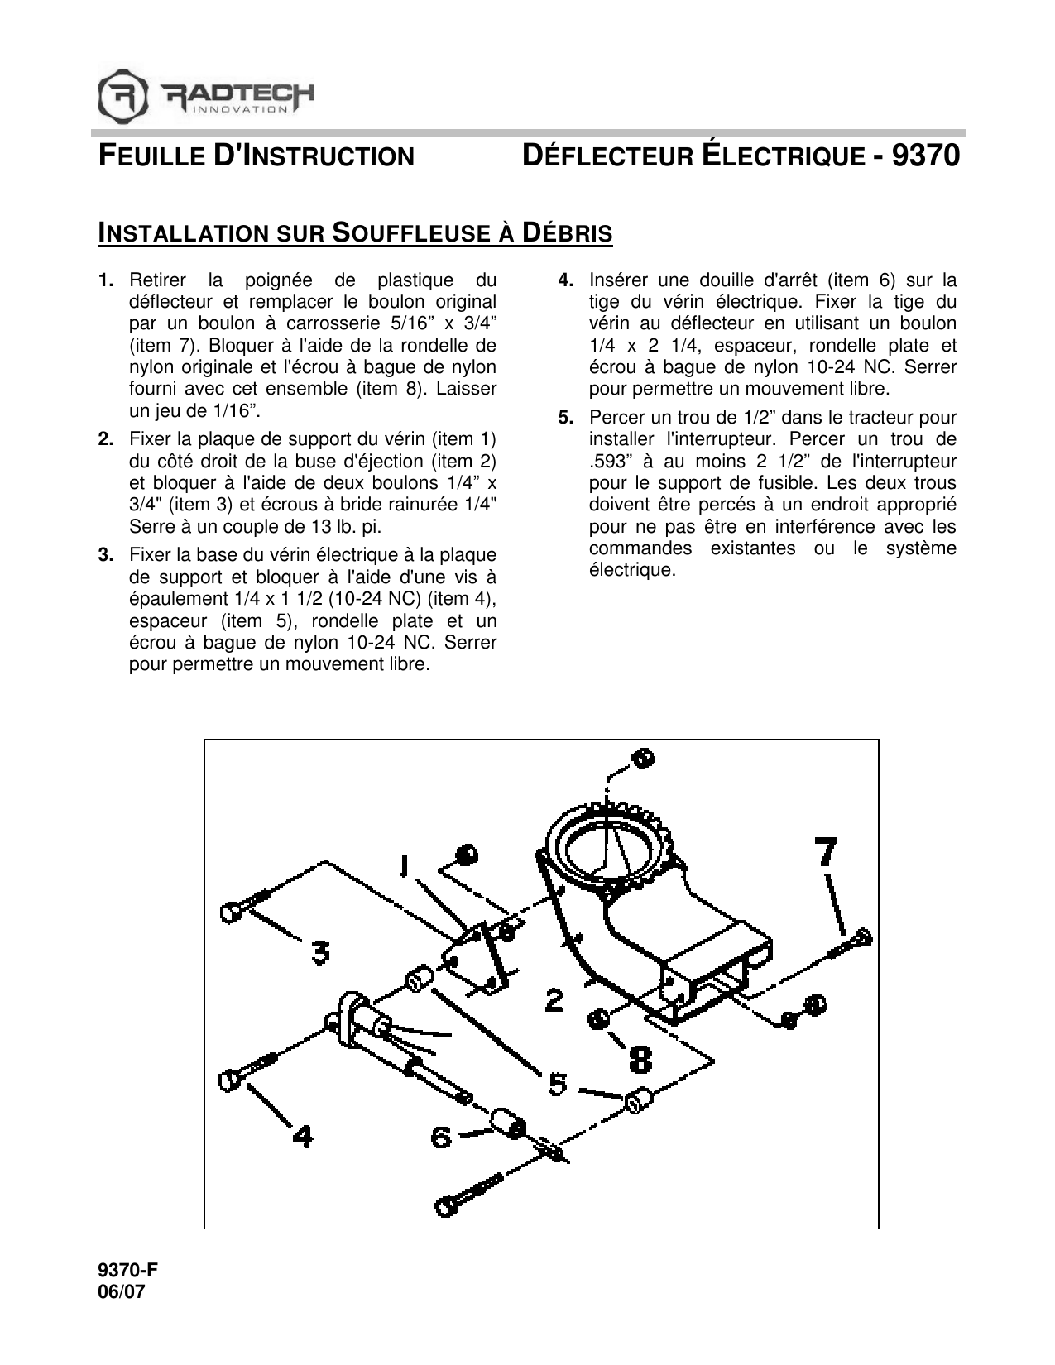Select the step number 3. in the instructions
pyautogui.click(x=106, y=555)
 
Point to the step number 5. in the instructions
pyautogui.click(x=566, y=418)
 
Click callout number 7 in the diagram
pyautogui.click(x=827, y=853)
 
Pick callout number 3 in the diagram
pyautogui.click(x=319, y=954)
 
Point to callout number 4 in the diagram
pyautogui.click(x=302, y=1137)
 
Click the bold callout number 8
pyautogui.click(x=640, y=1057)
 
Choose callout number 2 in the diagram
pyautogui.click(x=554, y=1002)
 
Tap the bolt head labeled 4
pyautogui.click(x=229, y=1081)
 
